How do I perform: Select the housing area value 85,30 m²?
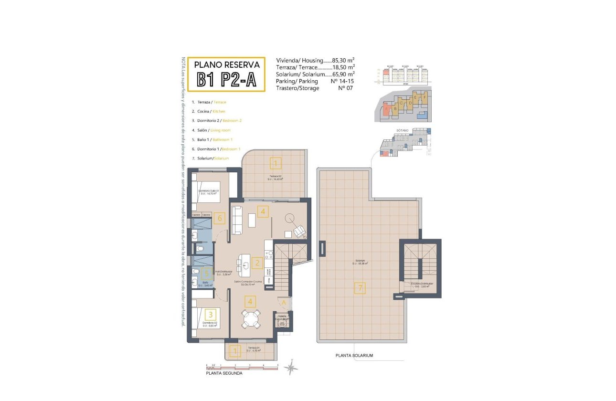[343, 61]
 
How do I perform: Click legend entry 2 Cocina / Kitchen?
[209, 111]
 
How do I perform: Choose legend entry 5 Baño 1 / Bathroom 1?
[212, 139]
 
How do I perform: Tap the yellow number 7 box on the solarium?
[360, 288]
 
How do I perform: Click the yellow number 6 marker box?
[219, 219]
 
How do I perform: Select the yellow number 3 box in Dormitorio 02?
[211, 315]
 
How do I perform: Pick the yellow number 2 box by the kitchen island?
[257, 262]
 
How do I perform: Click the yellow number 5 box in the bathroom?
[206, 273]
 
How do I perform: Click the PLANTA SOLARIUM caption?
[354, 356]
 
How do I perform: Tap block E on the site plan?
[415, 97]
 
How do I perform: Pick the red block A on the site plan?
[386, 110]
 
